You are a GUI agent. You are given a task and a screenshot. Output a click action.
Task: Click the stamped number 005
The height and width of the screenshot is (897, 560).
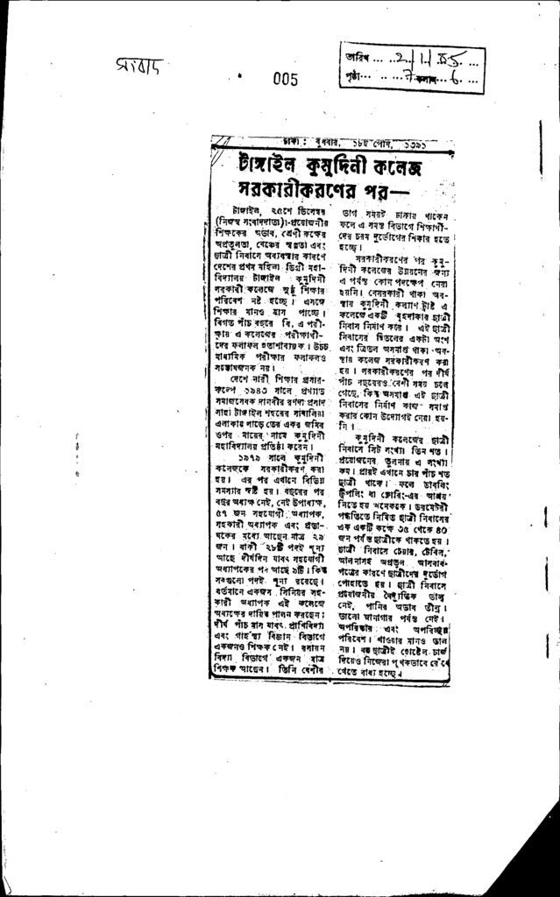(285, 80)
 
